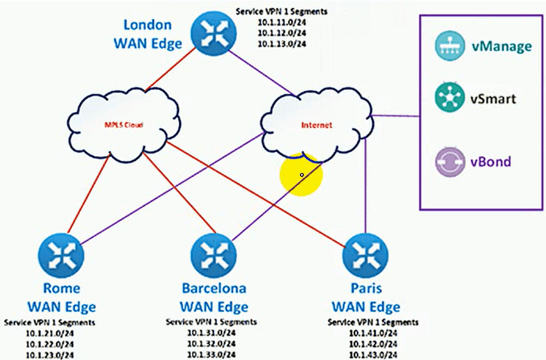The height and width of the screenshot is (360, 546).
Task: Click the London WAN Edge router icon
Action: click(x=210, y=31)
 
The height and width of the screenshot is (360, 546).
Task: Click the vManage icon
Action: click(x=449, y=47)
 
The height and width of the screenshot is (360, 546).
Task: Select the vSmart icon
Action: click(x=449, y=99)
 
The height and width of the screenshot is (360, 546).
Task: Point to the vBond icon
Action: click(x=449, y=161)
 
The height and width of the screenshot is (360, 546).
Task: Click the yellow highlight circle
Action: click(x=302, y=175)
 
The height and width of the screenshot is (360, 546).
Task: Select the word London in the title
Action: click(x=148, y=25)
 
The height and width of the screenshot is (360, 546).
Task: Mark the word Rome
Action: click(x=61, y=289)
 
